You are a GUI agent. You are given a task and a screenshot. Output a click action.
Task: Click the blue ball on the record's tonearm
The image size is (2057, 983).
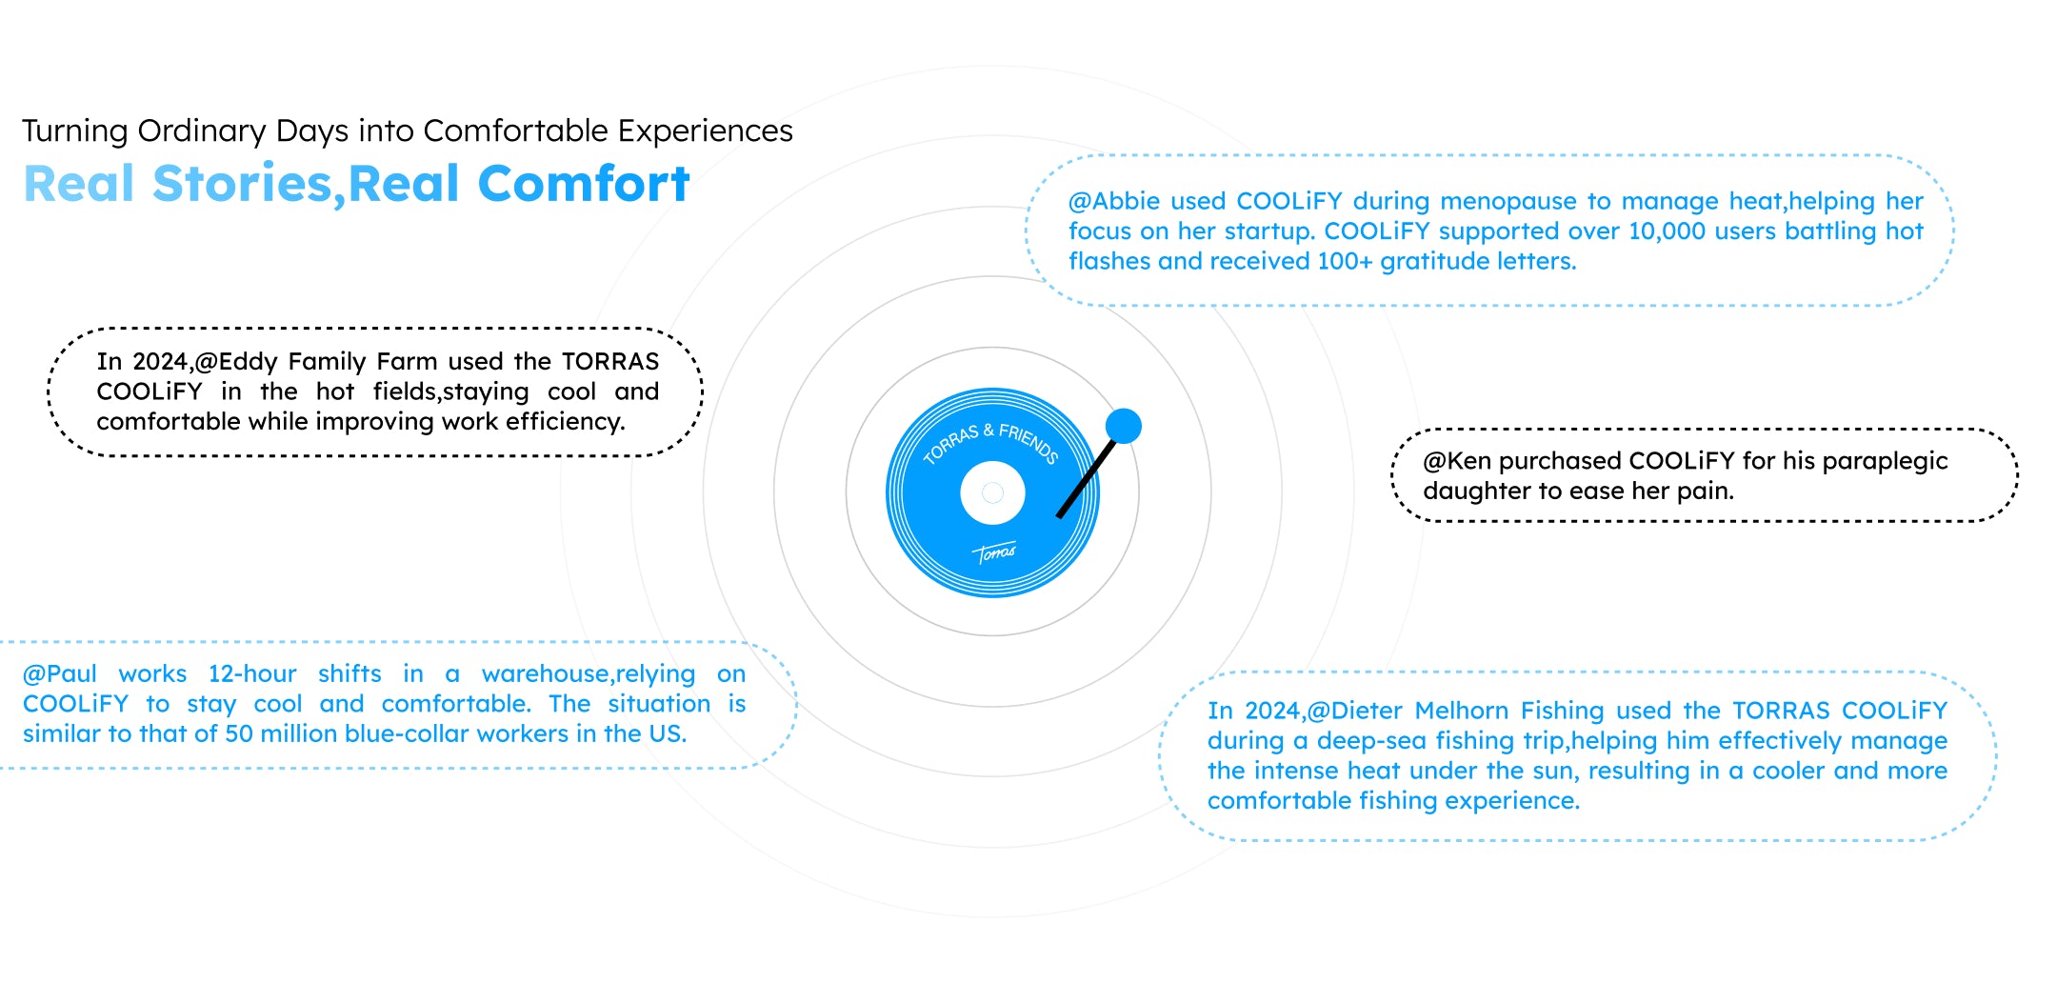pos(1124,426)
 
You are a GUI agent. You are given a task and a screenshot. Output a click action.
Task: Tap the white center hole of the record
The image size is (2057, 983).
pos(992,492)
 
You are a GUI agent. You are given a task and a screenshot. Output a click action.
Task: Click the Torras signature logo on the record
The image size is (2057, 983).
pos(995,552)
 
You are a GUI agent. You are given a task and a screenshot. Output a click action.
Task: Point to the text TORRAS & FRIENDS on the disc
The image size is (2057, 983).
pos(991,442)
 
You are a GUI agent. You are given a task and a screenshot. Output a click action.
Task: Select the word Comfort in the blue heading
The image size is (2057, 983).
pos(584,183)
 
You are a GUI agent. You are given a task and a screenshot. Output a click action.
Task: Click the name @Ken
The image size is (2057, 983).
pos(1457,461)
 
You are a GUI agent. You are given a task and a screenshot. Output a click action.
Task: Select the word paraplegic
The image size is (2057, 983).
pos(1890,462)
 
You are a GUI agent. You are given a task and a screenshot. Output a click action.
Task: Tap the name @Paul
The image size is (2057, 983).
pos(60,673)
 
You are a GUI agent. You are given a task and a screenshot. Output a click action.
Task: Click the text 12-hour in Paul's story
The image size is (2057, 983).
pos(252,673)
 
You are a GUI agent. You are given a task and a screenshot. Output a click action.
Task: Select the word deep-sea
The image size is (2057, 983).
pos(1371,741)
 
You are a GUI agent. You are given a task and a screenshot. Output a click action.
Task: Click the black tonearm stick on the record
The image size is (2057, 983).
pos(1086,478)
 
